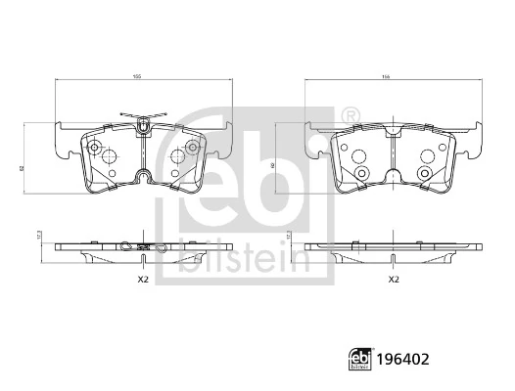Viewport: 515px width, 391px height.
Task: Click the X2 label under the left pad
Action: click(142, 280)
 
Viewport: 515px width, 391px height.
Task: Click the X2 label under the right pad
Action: click(394, 280)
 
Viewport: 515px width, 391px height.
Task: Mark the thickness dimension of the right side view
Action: click(289, 236)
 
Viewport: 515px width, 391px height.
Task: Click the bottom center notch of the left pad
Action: click(144, 177)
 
